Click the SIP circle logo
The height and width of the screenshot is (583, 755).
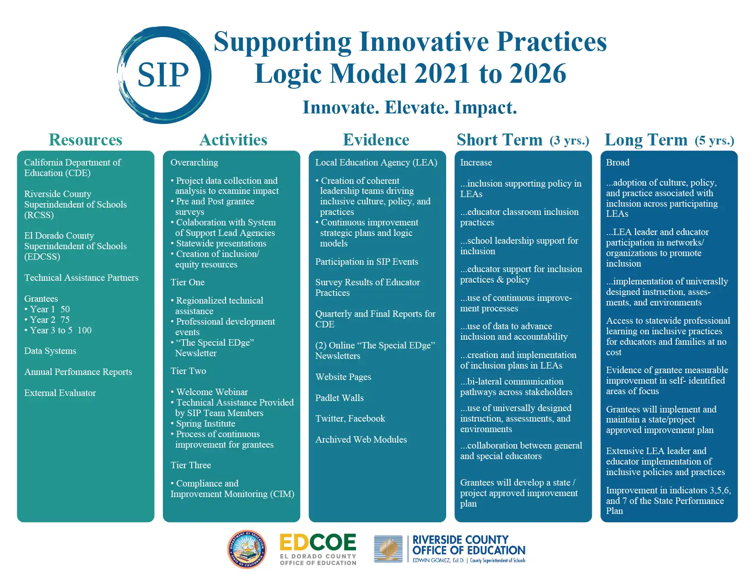[x=164, y=75]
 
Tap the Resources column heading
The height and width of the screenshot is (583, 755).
[x=86, y=140]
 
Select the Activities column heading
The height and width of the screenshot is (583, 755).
[x=233, y=140]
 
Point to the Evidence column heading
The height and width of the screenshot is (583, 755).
[x=376, y=140]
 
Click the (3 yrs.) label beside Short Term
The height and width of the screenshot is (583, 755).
[x=569, y=141]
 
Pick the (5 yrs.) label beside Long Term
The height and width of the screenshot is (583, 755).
[x=714, y=141]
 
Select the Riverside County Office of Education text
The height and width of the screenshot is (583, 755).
[x=469, y=545]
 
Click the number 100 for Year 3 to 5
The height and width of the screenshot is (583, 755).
[x=84, y=331]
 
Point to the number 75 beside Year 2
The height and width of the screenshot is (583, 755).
[x=65, y=320]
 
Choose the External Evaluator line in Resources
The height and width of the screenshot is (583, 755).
[x=60, y=393]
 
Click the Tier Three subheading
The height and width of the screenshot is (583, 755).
[x=191, y=465]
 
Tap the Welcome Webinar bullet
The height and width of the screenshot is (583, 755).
[x=212, y=392]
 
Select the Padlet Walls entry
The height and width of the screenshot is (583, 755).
[x=340, y=398]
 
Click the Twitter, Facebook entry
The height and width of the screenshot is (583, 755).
[x=350, y=419]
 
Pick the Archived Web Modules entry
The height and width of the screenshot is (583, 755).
[x=361, y=440]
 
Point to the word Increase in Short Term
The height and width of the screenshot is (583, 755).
[x=476, y=163]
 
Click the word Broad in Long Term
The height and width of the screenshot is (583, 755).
[x=618, y=163]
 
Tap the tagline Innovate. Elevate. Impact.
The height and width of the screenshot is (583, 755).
[x=410, y=108]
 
